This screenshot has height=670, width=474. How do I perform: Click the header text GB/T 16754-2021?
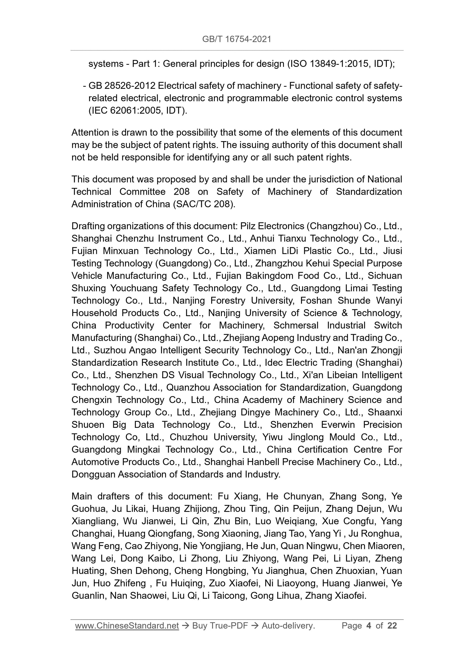[237, 39]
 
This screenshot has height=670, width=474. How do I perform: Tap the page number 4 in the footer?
[369, 625]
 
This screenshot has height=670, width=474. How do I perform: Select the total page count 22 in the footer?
[392, 625]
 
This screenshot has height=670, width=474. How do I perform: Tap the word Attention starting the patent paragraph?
[90, 132]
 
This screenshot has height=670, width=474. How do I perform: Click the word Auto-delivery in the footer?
[288, 625]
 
